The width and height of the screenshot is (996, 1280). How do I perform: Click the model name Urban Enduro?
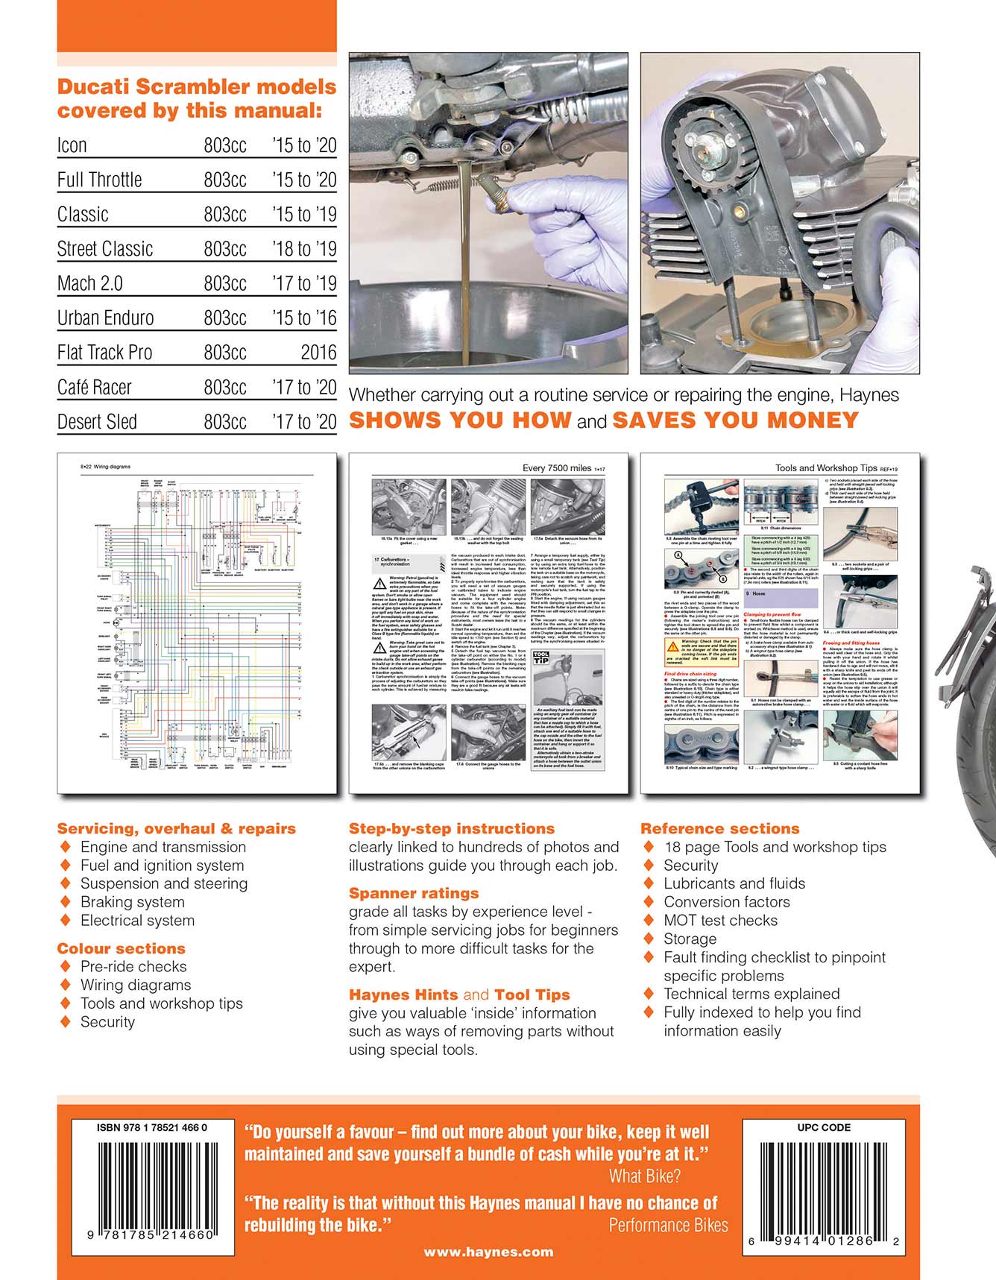106,318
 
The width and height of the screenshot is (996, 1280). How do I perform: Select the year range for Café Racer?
304,388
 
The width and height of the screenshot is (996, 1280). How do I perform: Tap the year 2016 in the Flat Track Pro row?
318,353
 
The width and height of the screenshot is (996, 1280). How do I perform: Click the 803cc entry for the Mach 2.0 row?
225,284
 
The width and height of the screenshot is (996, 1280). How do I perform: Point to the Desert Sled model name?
97,422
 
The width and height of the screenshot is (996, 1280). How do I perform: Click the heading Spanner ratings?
414,893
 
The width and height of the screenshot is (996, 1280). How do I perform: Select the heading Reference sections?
719,828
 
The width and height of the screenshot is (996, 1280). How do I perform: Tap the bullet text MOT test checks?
720,921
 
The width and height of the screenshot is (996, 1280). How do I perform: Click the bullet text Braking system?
132,902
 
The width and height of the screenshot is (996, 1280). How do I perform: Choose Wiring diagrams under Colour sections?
136,985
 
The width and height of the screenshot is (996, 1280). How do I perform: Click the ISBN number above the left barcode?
152,1128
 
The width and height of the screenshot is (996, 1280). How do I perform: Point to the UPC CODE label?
824,1128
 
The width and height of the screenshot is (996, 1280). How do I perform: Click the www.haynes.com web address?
488,1252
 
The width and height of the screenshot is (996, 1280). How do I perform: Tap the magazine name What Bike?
644,1176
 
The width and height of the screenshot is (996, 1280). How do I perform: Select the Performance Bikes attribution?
668,1226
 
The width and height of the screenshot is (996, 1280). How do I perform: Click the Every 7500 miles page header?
557,468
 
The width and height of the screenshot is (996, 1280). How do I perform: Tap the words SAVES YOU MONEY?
735,420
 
